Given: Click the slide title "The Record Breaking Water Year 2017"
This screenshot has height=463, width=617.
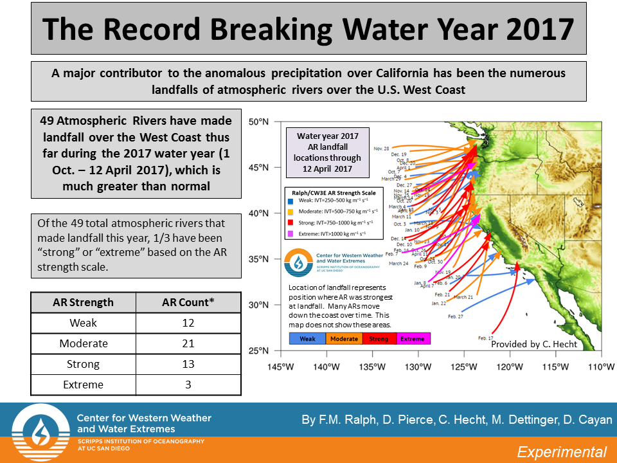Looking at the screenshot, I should pyautogui.click(x=308, y=28).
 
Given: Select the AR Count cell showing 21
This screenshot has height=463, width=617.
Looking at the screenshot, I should pyautogui.click(x=188, y=343).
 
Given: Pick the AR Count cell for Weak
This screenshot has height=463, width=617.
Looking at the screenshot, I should pyautogui.click(x=188, y=323).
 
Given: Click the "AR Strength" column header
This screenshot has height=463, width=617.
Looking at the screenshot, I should pyautogui.click(x=83, y=302).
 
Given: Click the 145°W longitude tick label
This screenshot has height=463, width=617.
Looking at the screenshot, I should pyautogui.click(x=280, y=367).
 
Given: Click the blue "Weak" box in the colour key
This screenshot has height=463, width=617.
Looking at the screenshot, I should pyautogui.click(x=307, y=338).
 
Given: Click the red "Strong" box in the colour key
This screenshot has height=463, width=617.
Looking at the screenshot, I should pyautogui.click(x=378, y=338).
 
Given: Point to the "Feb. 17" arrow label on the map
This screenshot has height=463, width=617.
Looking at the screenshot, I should pyautogui.click(x=486, y=338).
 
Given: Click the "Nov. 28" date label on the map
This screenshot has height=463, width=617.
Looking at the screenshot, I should pyautogui.click(x=382, y=149).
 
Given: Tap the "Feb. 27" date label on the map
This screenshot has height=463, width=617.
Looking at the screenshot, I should pyautogui.click(x=456, y=316).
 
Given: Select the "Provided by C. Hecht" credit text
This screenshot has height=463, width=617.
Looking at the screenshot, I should pyautogui.click(x=533, y=344).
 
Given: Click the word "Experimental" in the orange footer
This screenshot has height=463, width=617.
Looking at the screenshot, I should pyautogui.click(x=562, y=451).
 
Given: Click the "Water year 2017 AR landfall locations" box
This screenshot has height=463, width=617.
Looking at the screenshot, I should pyautogui.click(x=328, y=152).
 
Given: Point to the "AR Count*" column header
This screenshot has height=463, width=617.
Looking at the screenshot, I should pyautogui.click(x=188, y=302).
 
